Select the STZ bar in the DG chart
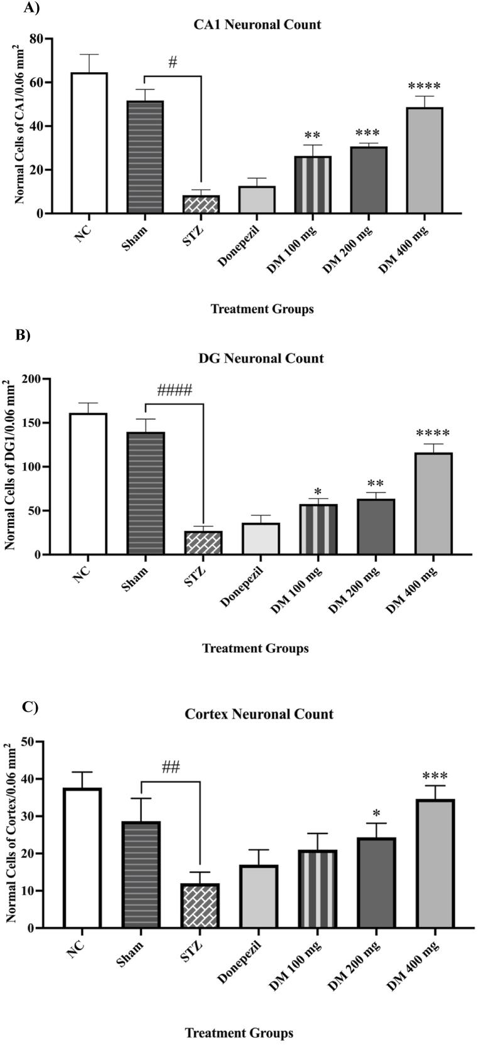point(203,543)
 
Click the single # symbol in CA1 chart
point(173,62)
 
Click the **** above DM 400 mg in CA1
point(424,87)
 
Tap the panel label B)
point(23,335)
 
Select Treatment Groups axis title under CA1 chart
point(261,309)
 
